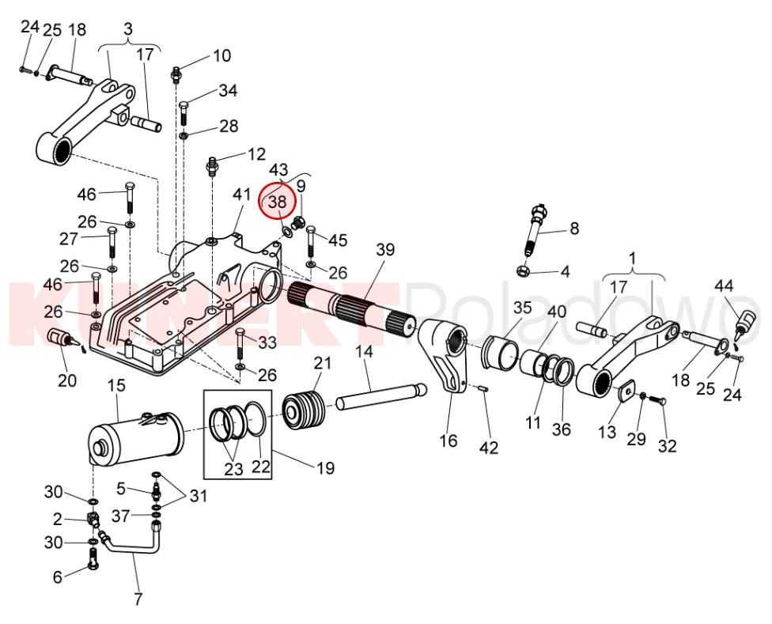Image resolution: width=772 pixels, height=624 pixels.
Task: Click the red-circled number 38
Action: point(278,202)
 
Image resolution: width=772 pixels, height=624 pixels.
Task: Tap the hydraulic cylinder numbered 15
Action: point(134,438)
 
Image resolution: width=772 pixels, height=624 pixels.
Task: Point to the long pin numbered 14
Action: point(380,396)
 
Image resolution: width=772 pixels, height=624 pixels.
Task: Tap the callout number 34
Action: point(228,91)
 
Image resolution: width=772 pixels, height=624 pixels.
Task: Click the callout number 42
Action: point(489,448)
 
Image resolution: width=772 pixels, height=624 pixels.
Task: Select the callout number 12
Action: point(257,153)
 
